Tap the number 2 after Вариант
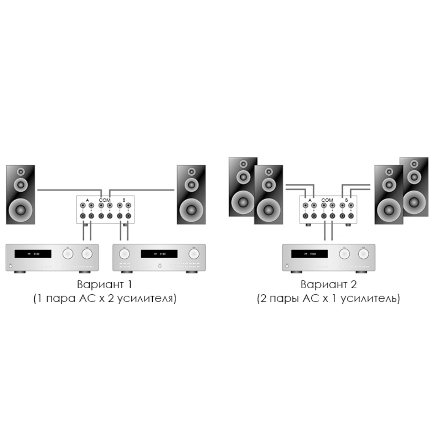click(x=354, y=284)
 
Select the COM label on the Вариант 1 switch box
click(x=105, y=200)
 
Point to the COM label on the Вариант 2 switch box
click(x=327, y=200)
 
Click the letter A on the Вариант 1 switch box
click(x=87, y=200)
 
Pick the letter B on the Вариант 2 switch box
click(x=346, y=200)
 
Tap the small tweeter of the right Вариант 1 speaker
click(x=191, y=172)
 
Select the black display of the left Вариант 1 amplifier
click(x=33, y=254)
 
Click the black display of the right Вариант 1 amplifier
click(x=159, y=254)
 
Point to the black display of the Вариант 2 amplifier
click(x=309, y=254)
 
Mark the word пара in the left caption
click(x=61, y=298)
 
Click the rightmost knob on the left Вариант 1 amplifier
click(x=87, y=254)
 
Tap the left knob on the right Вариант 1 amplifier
click(x=124, y=254)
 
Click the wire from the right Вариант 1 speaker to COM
click(x=142, y=190)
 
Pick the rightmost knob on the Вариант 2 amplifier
click(x=363, y=254)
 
